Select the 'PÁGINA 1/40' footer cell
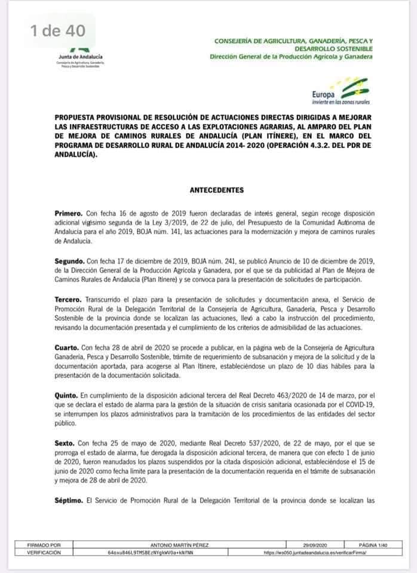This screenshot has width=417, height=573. [375, 546]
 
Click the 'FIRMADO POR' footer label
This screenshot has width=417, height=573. [45, 546]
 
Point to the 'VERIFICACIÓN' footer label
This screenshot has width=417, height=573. [45, 553]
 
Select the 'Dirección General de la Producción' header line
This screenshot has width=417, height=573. [291, 57]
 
